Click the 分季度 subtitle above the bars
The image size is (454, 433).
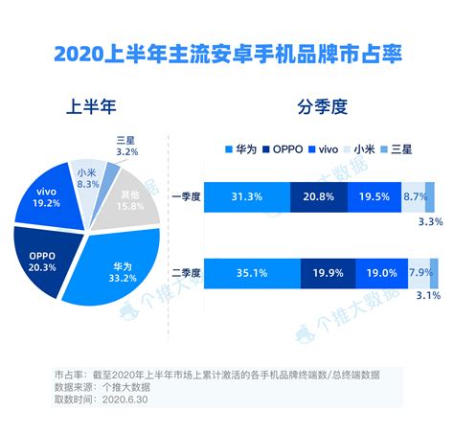324,104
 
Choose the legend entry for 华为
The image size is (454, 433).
240,150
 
